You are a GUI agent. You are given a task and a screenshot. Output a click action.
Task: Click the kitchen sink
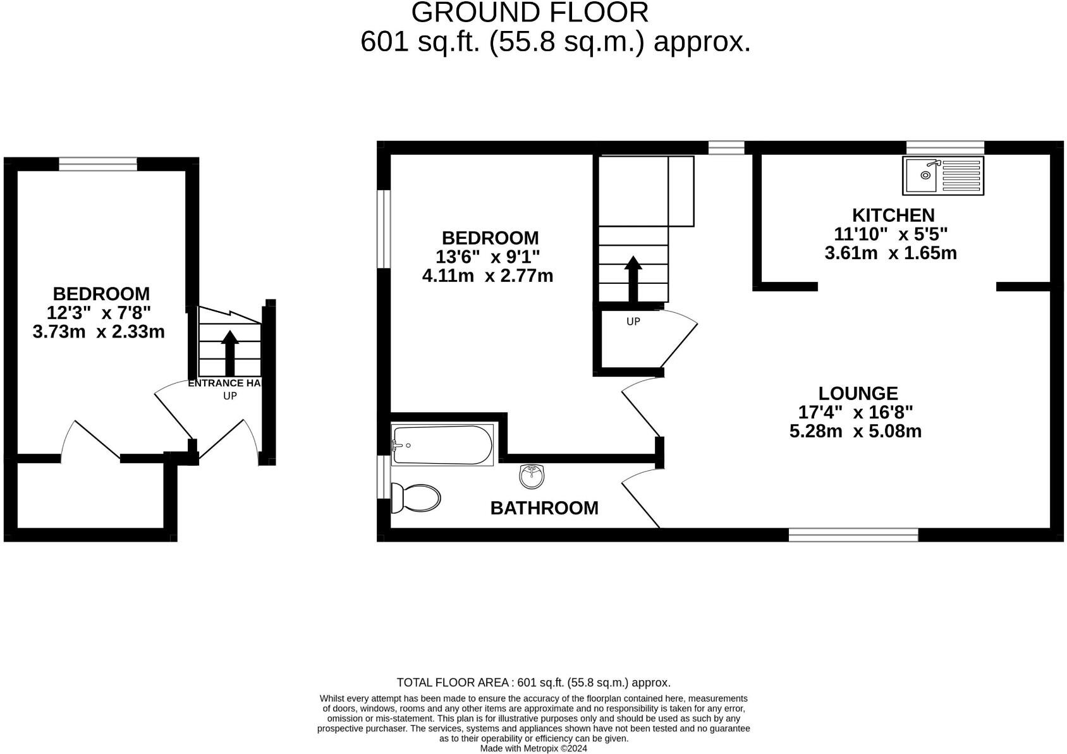pyautogui.click(x=943, y=175)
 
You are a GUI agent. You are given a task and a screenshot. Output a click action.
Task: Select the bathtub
pyautogui.click(x=442, y=445)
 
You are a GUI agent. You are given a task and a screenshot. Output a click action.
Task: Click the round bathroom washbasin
pyautogui.click(x=532, y=476)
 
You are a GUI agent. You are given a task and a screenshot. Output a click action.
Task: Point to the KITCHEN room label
pyautogui.click(x=893, y=215)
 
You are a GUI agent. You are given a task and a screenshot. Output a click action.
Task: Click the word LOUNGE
pyautogui.click(x=858, y=393)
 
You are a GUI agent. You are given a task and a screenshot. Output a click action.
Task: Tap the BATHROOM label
pyautogui.click(x=544, y=508)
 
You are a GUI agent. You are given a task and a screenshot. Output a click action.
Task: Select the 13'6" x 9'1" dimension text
pyautogui.click(x=487, y=257)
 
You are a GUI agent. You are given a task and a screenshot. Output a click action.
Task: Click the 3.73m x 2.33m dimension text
pyautogui.click(x=99, y=331)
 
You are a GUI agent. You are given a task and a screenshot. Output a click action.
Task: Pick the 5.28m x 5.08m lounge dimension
pyautogui.click(x=855, y=432)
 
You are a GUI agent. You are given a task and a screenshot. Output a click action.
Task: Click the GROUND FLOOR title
pyautogui.click(x=530, y=13)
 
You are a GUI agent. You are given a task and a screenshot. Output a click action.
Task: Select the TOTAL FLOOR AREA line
pyautogui.click(x=533, y=683)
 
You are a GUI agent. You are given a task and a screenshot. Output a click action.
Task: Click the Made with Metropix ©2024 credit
pyautogui.click(x=533, y=748)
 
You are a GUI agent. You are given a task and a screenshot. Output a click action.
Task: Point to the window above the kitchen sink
pyautogui.click(x=945, y=147)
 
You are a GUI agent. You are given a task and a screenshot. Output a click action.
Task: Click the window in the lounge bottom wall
pyautogui.click(x=853, y=535)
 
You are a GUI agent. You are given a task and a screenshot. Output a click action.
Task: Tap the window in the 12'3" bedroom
pyautogui.click(x=98, y=164)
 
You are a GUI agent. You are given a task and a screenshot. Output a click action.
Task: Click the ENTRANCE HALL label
pyautogui.click(x=224, y=383)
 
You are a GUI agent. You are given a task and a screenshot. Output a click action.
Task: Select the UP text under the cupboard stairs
pyautogui.click(x=633, y=321)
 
